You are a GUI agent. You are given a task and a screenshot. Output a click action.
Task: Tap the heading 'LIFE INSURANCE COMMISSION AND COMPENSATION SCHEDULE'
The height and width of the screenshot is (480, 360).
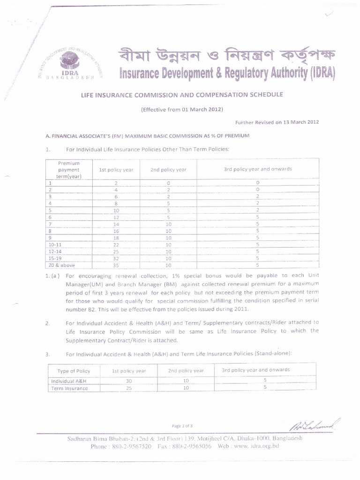tap(182, 95)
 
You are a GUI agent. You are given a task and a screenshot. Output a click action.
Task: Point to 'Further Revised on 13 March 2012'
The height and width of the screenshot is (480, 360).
tap(277, 122)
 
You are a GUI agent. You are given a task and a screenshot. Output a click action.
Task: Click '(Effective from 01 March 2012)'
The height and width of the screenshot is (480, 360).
tap(182, 109)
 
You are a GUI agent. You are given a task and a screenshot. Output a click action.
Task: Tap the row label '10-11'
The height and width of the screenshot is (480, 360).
tap(55, 245)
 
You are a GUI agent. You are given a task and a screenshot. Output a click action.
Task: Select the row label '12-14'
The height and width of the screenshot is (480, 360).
tap(55, 251)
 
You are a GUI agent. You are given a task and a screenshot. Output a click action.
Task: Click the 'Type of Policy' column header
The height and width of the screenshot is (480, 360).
tap(73, 371)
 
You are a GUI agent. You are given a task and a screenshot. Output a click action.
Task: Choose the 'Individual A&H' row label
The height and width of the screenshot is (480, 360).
tap(69, 381)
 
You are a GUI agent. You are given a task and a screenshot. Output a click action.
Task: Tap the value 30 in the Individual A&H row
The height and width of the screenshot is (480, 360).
tap(129, 381)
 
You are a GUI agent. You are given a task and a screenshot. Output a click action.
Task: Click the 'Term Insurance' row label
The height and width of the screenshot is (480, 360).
tap(69, 388)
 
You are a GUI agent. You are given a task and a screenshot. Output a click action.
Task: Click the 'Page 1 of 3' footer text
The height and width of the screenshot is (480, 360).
tap(182, 426)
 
